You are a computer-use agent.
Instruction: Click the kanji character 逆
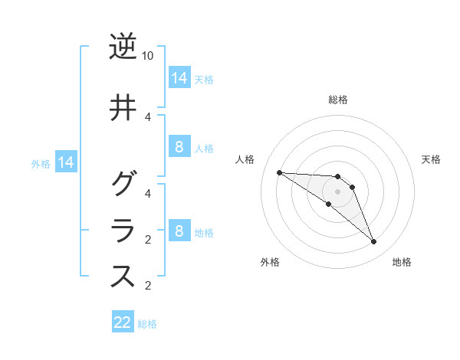click(123, 47)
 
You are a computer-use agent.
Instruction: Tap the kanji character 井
click(123, 108)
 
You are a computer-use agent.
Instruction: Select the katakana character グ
click(123, 184)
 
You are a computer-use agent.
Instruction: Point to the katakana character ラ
click(123, 231)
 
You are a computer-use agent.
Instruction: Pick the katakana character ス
click(123, 277)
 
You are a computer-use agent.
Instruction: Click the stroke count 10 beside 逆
click(148, 56)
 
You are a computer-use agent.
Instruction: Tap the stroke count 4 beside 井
click(148, 116)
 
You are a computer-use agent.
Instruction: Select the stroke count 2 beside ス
click(148, 286)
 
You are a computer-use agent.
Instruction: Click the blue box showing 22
click(123, 322)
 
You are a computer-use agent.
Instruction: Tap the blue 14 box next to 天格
click(179, 77)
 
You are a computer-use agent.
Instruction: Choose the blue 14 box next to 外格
click(65, 162)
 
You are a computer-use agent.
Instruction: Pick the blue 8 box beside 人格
click(179, 147)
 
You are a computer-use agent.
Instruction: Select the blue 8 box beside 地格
click(179, 231)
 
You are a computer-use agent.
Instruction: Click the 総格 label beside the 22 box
click(147, 324)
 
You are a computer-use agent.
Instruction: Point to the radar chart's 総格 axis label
click(338, 100)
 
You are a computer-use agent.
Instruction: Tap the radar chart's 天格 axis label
click(431, 159)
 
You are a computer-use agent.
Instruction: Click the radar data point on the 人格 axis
click(279, 172)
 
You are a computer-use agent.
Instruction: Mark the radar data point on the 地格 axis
click(374, 242)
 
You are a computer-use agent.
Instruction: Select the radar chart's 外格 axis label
click(270, 262)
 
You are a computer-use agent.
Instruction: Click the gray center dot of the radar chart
click(338, 191)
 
